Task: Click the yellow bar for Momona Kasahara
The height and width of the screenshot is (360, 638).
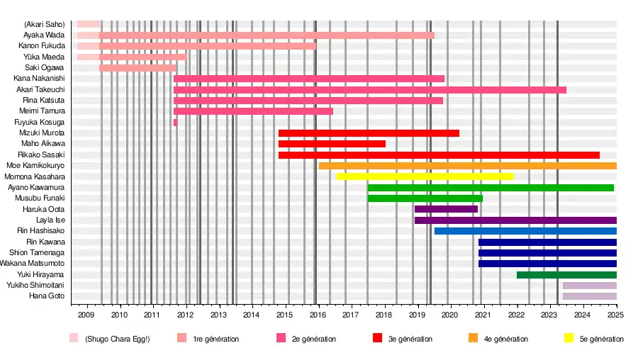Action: [425, 176]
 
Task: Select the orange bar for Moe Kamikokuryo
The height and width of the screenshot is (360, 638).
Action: [468, 166]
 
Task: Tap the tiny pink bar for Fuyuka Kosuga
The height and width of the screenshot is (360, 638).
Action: [175, 123]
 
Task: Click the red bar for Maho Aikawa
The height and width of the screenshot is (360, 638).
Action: [332, 144]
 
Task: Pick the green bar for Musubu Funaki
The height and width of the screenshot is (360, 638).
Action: [425, 198]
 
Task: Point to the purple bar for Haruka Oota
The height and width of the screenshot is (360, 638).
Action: [446, 209]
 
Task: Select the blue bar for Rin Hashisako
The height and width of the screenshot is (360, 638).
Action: [525, 231]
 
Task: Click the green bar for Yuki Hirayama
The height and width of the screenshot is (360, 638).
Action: [566, 275]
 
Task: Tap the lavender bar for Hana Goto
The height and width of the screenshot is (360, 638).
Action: [590, 296]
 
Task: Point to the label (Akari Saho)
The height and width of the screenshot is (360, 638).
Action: [45, 24]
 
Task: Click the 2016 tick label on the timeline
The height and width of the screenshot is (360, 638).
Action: [318, 315]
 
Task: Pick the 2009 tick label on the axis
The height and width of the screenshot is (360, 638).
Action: [86, 315]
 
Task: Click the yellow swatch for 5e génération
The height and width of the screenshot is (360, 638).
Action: [569, 339]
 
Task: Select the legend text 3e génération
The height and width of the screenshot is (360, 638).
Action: [410, 339]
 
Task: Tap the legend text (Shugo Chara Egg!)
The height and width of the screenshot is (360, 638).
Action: [117, 339]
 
